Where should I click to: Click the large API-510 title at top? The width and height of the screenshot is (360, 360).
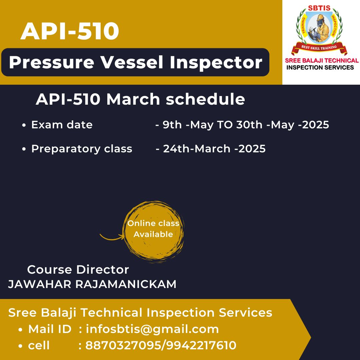[70, 31]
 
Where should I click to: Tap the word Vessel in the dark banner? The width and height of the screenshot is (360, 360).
[132, 62]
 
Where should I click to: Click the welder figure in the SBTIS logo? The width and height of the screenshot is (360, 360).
[319, 28]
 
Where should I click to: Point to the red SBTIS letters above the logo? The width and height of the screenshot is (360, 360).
[319, 8]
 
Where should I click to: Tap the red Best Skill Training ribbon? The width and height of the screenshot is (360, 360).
[319, 48]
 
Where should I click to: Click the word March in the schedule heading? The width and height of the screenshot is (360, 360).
[133, 99]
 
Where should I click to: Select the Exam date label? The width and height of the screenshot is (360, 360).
[62, 125]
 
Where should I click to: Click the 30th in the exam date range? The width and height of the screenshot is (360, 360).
[249, 125]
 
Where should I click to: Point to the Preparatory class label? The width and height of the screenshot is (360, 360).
[82, 149]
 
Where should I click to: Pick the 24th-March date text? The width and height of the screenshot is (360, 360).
[197, 149]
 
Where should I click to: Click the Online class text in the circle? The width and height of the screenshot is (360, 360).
[153, 223]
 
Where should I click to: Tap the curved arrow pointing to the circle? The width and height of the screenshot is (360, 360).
[112, 237]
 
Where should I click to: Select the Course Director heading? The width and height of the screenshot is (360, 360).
[78, 270]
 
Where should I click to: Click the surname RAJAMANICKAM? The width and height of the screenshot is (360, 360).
[126, 284]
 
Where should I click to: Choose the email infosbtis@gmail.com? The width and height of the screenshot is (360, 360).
[152, 329]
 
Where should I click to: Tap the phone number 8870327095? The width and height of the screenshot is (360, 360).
[122, 345]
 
